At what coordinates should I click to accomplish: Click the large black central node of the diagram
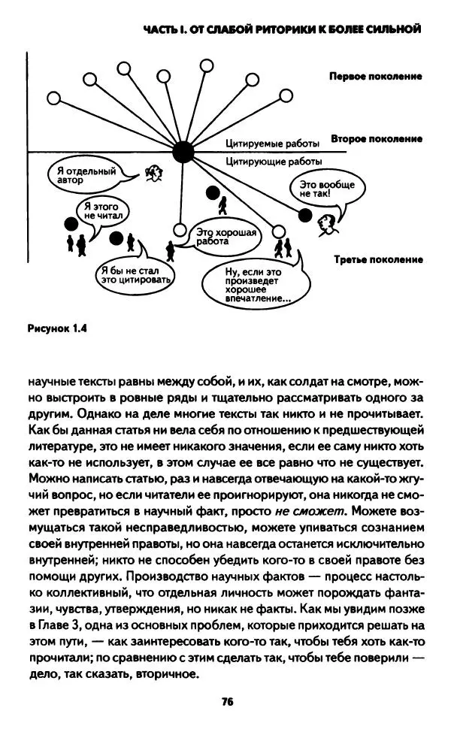pyautogui.click(x=183, y=152)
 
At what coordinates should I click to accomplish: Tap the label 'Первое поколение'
pyautogui.click(x=375, y=77)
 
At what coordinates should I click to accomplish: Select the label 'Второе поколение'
pyautogui.click(x=375, y=139)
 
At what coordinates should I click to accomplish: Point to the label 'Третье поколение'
pyautogui.click(x=375, y=259)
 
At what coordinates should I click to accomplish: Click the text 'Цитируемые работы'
pyautogui.click(x=274, y=143)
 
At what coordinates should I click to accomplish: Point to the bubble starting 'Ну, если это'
pyautogui.click(x=253, y=284)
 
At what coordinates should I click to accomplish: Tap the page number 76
pyautogui.click(x=225, y=702)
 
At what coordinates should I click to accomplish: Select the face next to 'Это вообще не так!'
pyautogui.click(x=327, y=222)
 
